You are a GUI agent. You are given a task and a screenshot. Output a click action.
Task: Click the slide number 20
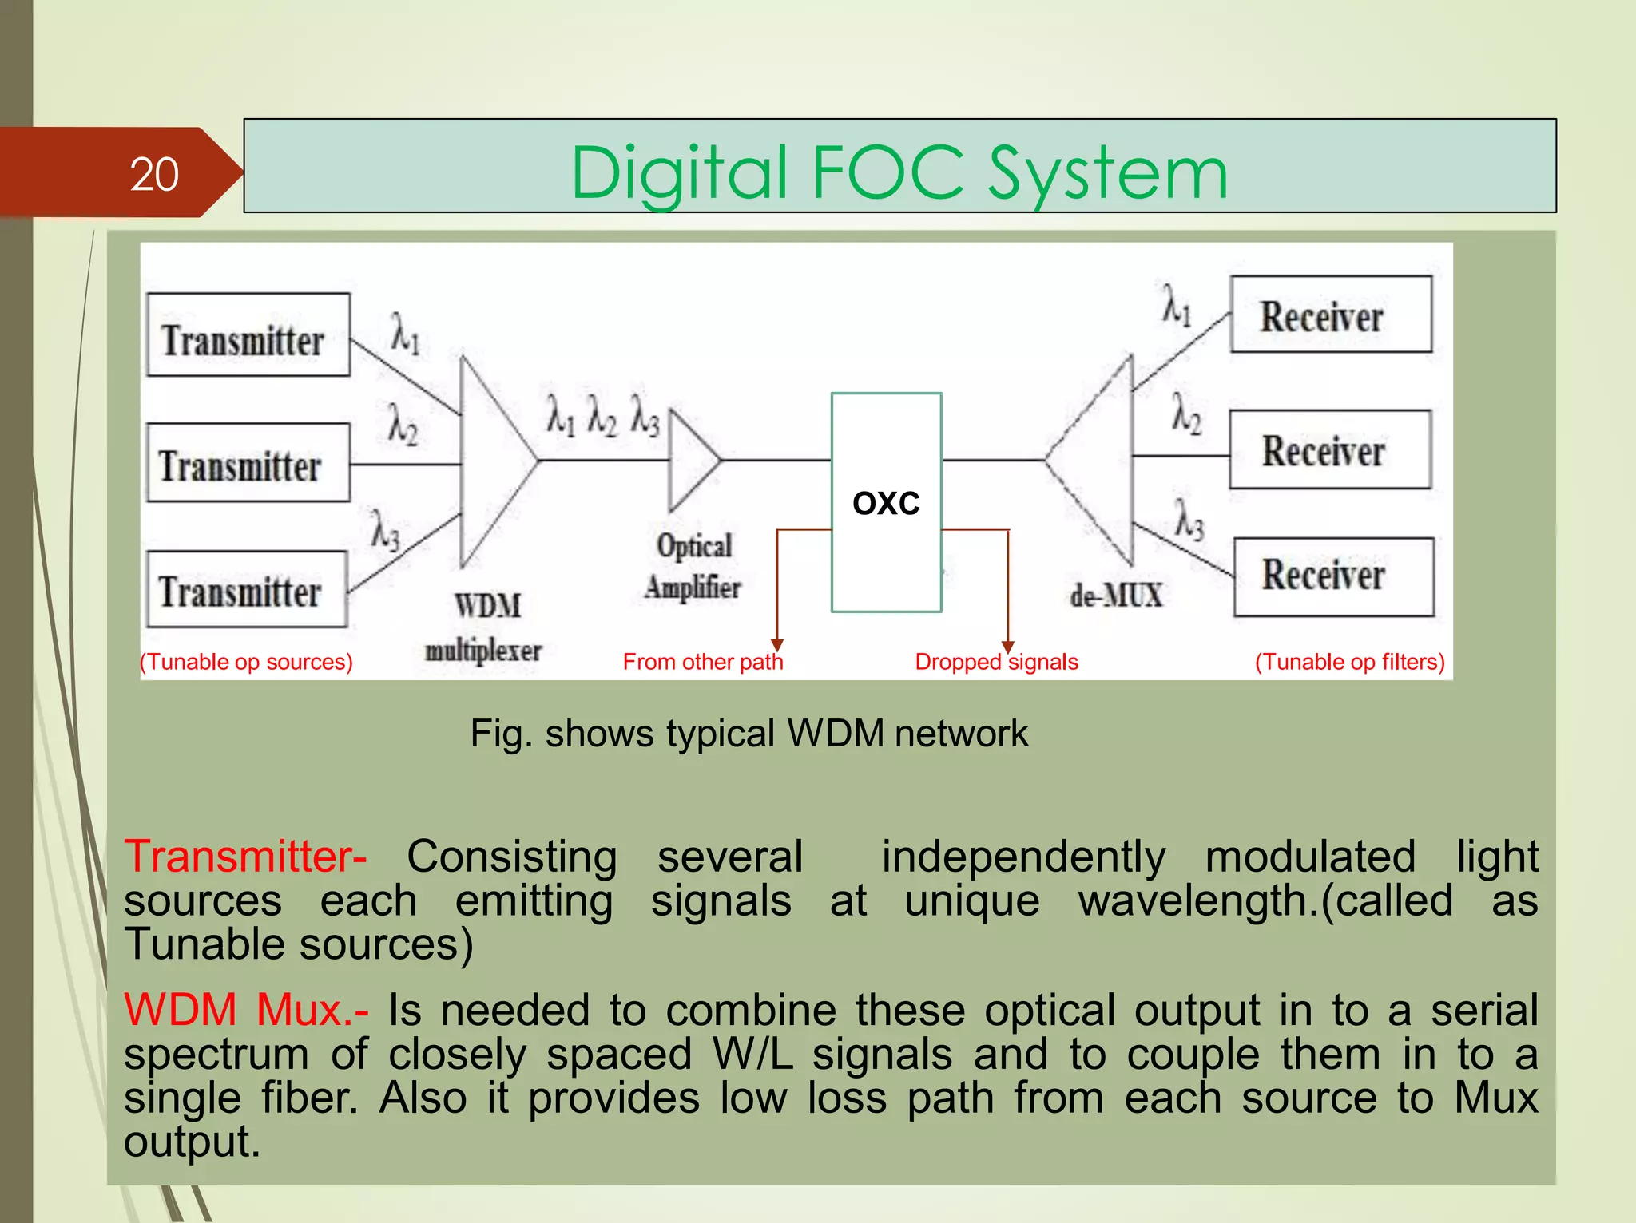pyautogui.click(x=154, y=174)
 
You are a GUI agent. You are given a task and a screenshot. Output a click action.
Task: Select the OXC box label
pyautogui.click(x=886, y=503)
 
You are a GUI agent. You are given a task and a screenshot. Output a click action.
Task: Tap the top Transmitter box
pyautogui.click(x=248, y=335)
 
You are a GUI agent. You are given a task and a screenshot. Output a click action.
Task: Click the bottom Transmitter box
pyautogui.click(x=246, y=589)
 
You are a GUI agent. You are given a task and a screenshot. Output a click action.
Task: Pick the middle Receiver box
pyautogui.click(x=1330, y=450)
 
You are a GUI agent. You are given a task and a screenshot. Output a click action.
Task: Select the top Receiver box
pyautogui.click(x=1331, y=315)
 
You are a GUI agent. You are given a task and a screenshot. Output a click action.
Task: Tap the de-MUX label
pyautogui.click(x=1116, y=596)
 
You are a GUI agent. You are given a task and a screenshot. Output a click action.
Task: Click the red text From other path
pyautogui.click(x=702, y=662)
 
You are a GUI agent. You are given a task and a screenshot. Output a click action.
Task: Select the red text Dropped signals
pyautogui.click(x=996, y=662)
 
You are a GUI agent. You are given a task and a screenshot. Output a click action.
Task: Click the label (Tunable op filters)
pyautogui.click(x=1349, y=662)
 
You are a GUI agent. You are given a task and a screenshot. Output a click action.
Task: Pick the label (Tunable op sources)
pyautogui.click(x=246, y=662)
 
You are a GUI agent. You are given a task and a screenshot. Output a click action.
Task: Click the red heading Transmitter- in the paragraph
pyautogui.click(x=245, y=857)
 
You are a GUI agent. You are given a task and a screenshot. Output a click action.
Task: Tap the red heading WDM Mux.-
pyautogui.click(x=245, y=1010)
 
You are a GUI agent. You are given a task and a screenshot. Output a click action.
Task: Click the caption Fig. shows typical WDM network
pyautogui.click(x=749, y=733)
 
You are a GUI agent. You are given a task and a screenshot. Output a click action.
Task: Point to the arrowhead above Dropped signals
pyautogui.click(x=1008, y=647)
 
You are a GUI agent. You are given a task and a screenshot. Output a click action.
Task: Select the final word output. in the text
pyautogui.click(x=192, y=1142)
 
